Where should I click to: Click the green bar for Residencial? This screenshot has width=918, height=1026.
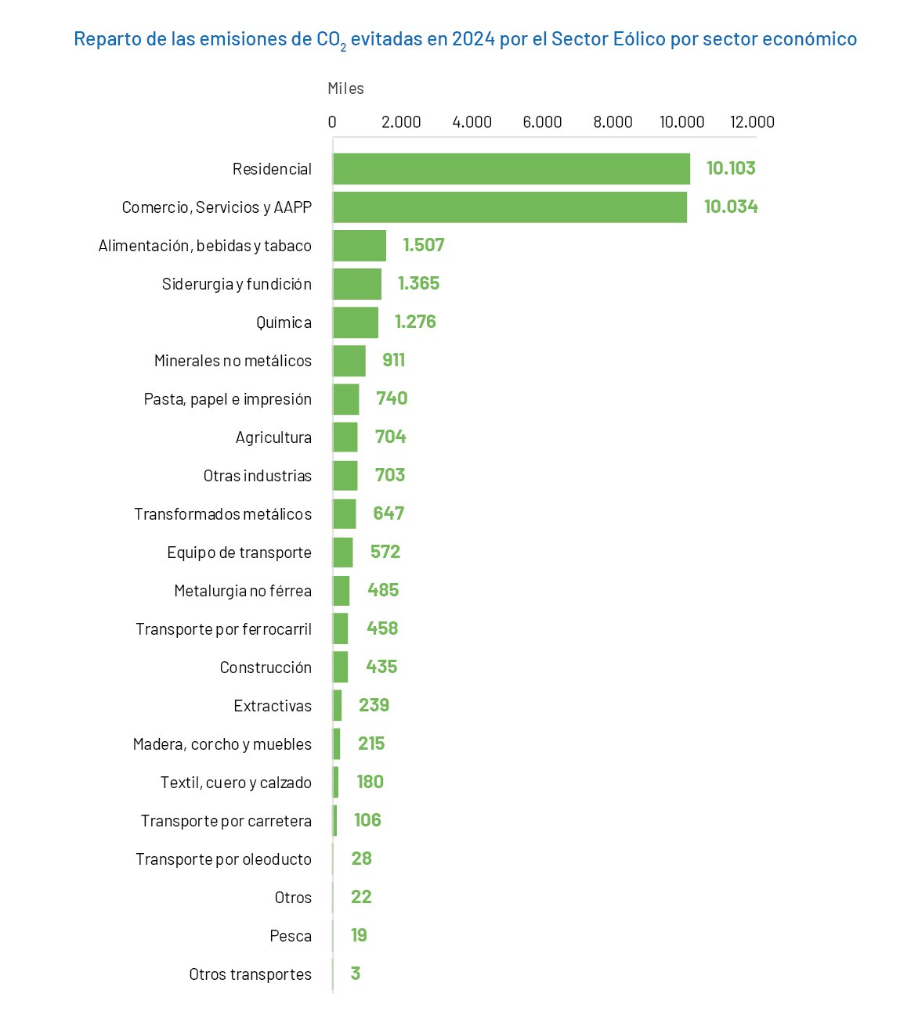[x=511, y=169]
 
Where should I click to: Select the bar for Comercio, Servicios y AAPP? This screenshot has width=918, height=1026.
[x=509, y=207]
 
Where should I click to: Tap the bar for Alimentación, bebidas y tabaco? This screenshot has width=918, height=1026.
[x=360, y=246]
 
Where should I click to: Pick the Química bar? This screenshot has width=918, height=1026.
[x=356, y=322]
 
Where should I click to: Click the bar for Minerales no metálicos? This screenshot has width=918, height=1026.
[x=349, y=361]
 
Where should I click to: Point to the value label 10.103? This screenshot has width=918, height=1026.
[x=731, y=168]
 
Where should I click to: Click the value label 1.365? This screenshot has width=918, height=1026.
[x=418, y=283]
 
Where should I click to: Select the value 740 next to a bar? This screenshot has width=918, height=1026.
[x=392, y=398]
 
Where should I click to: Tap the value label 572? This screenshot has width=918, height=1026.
[x=385, y=552]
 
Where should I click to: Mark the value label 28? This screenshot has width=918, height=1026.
[x=361, y=859]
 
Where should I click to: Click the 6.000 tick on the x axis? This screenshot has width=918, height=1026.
[x=542, y=122]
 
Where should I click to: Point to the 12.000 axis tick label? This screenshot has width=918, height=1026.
[x=752, y=122]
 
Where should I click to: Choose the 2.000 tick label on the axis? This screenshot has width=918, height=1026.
[x=401, y=122]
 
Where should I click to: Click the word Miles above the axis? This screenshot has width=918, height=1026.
[x=345, y=88]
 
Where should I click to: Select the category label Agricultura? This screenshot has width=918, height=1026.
[x=273, y=437]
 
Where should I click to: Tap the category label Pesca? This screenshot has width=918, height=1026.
[x=291, y=936]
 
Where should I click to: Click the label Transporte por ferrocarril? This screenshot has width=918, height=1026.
[x=223, y=629]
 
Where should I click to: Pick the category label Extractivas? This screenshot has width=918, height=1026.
[x=273, y=706]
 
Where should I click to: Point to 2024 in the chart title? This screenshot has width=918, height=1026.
[x=473, y=39]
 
